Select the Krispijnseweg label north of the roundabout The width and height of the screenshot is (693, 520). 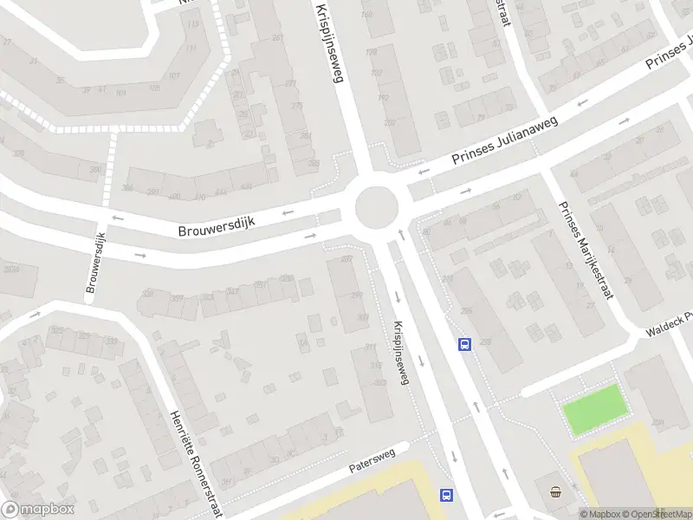click(x=330, y=41)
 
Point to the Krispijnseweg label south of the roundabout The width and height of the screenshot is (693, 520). click(x=399, y=354)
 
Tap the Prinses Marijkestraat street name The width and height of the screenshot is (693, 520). click(x=586, y=250)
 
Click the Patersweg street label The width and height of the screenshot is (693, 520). click(x=372, y=460)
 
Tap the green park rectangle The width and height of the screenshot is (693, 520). click(x=594, y=407)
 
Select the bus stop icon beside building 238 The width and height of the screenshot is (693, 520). click(x=464, y=345)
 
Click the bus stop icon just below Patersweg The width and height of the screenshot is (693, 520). click(x=446, y=495)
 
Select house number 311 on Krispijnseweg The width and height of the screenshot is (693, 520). click(x=372, y=348)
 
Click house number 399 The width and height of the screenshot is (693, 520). click(x=356, y=296)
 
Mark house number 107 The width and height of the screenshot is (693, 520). click(x=173, y=76)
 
